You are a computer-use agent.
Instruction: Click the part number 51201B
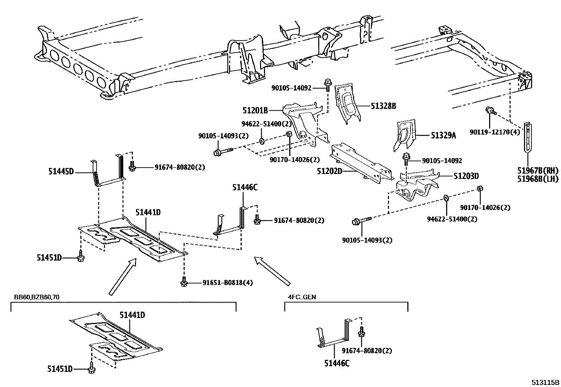[x=255, y=111]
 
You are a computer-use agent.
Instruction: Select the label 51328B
[x=383, y=106]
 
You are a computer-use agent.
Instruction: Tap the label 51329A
[x=443, y=135]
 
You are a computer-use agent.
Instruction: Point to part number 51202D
[x=329, y=171]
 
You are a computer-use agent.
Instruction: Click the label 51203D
[x=466, y=176]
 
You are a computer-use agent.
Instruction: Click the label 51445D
[x=61, y=172]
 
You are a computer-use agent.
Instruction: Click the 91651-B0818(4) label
[x=227, y=283]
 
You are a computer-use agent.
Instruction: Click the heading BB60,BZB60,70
[x=37, y=297]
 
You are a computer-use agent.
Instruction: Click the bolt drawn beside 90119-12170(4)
[x=491, y=111]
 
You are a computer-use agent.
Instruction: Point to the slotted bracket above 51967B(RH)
[x=527, y=137]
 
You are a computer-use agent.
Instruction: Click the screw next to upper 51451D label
[x=81, y=257]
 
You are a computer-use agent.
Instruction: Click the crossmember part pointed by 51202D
[x=359, y=162]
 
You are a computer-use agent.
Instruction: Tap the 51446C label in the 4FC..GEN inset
[x=337, y=363]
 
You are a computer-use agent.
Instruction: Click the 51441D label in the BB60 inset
[x=132, y=315]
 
